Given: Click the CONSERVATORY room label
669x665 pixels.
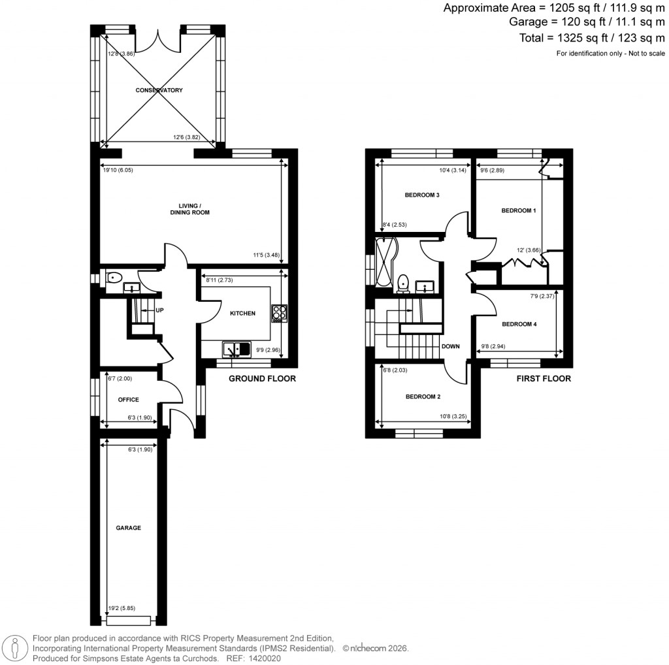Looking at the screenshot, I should [x=159, y=90].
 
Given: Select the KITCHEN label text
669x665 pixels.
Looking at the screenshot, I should [x=242, y=314].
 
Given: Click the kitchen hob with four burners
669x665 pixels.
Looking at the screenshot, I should [x=279, y=314].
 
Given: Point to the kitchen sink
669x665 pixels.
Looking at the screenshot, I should [x=236, y=349].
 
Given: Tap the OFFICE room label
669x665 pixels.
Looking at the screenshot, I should [x=128, y=400].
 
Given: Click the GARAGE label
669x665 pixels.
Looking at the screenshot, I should [x=128, y=528].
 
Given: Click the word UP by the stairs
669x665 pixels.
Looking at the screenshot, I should [x=159, y=310].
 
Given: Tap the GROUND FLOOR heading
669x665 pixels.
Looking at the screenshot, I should [x=262, y=379].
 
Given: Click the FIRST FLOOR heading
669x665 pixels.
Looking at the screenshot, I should [x=544, y=379].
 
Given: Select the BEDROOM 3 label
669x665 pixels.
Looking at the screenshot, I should [x=422, y=195].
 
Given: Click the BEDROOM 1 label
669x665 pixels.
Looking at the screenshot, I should [x=518, y=210].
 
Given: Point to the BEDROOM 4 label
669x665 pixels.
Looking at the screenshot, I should [x=519, y=324].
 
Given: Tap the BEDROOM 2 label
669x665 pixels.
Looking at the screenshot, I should [x=423, y=397].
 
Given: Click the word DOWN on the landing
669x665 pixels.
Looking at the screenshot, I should [x=451, y=347].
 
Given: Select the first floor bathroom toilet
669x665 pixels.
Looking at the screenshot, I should [x=403, y=283].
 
